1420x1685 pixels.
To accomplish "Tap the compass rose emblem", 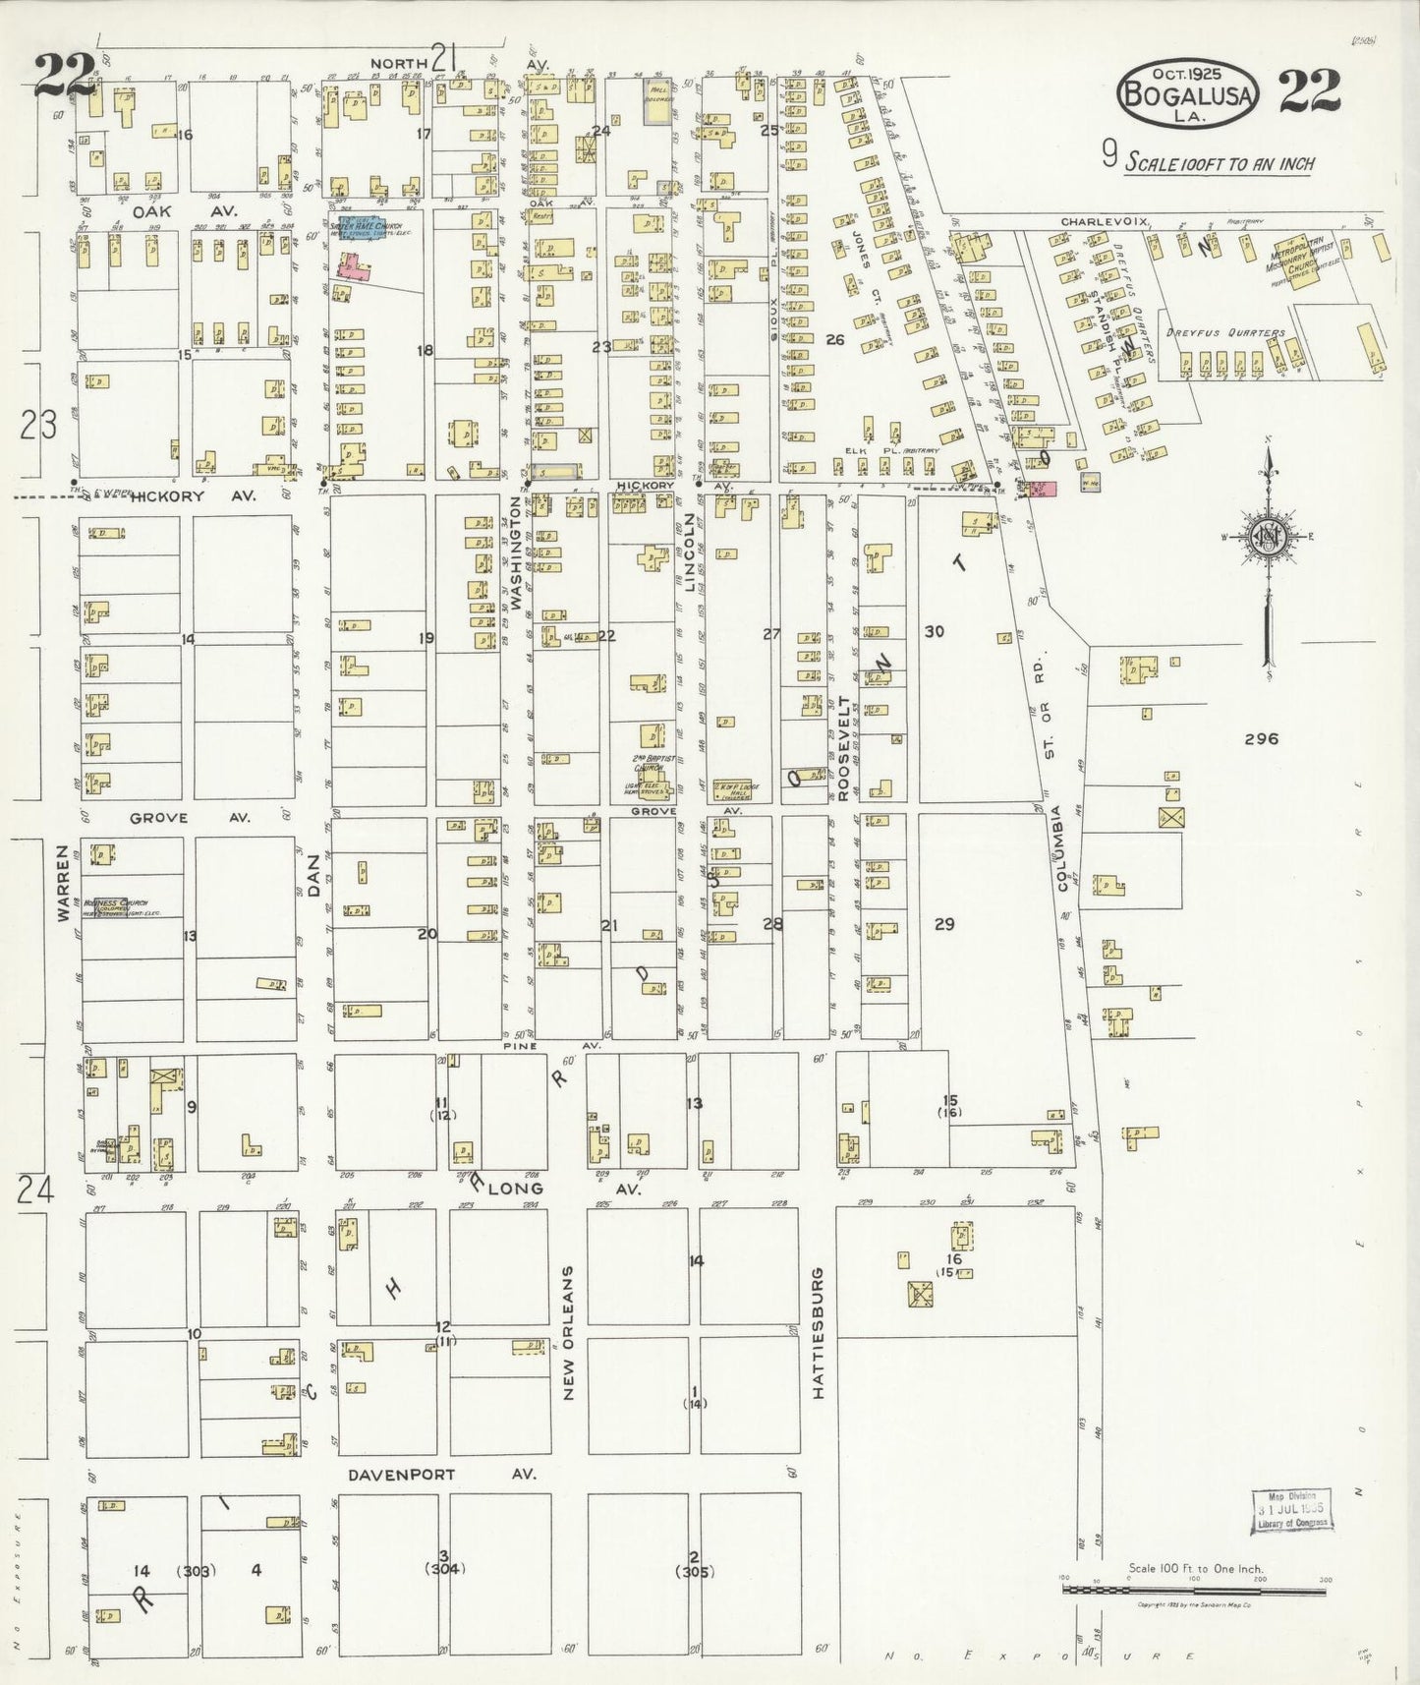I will pos(1268,537).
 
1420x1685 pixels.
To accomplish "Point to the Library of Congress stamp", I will pos(1290,1510).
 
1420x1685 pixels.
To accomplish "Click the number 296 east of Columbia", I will pos(1261,738).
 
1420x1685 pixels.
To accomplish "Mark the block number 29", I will pos(943,923).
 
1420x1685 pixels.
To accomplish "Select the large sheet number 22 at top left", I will pos(65,75).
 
